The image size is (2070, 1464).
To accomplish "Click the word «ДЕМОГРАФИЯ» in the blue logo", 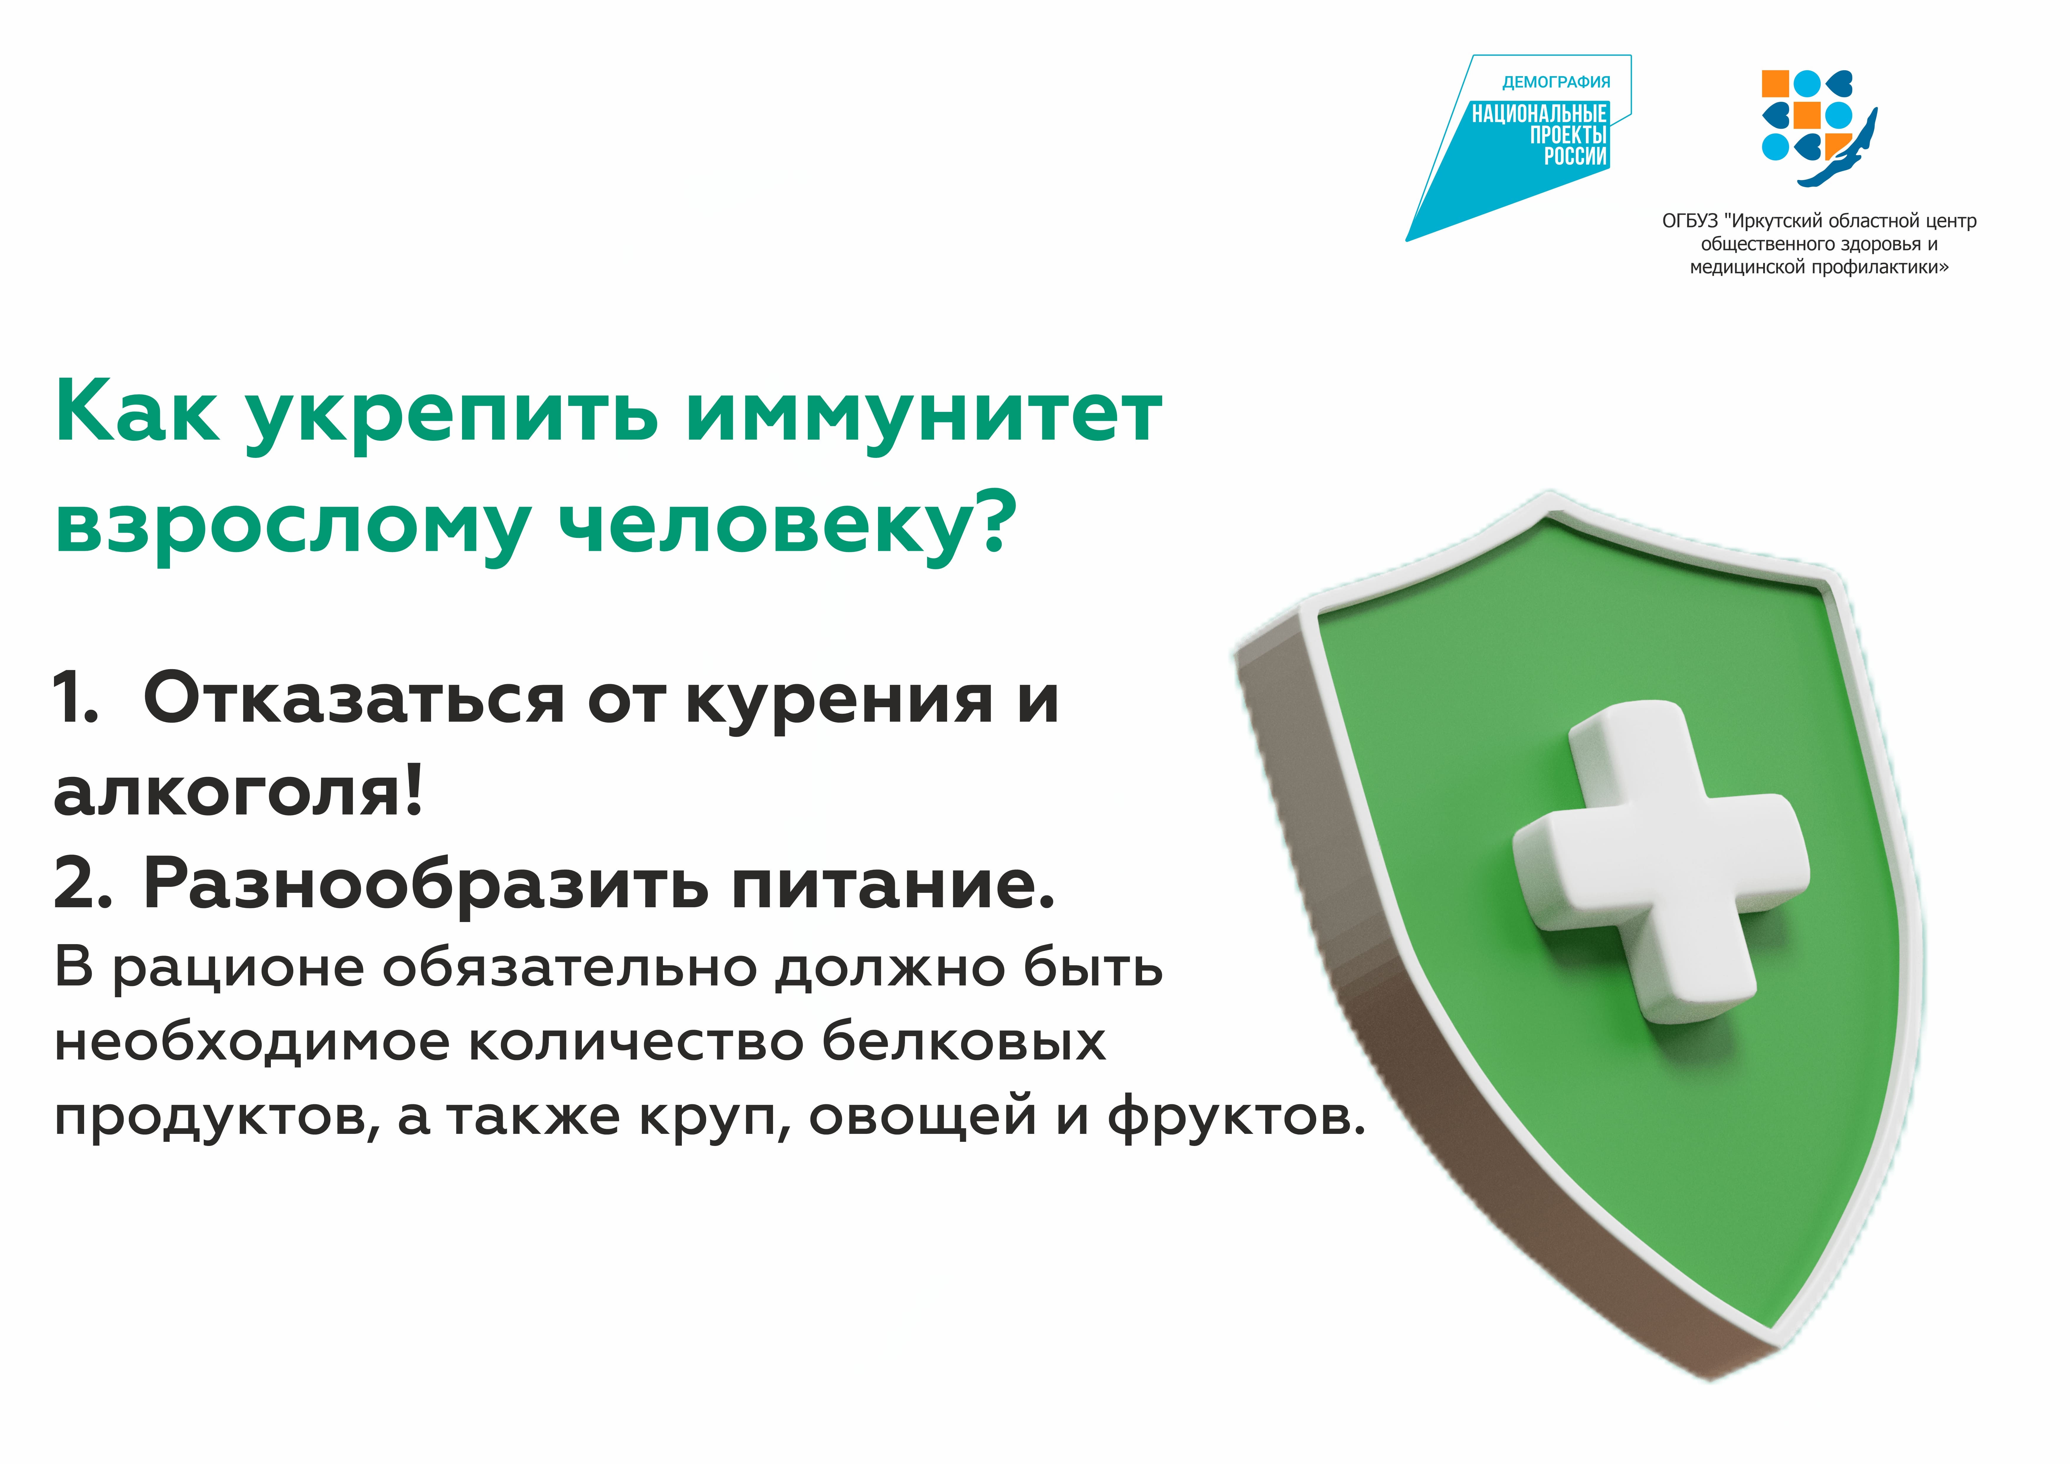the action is [x=1556, y=82].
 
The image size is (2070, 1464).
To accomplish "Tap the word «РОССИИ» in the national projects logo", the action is [x=1575, y=157].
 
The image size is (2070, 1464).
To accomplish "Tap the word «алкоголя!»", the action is [x=238, y=792].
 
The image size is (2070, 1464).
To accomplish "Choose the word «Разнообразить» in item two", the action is [x=425, y=887].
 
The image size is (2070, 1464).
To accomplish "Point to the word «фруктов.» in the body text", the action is [x=1237, y=1118].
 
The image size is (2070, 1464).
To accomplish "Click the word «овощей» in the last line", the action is [x=922, y=1118].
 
